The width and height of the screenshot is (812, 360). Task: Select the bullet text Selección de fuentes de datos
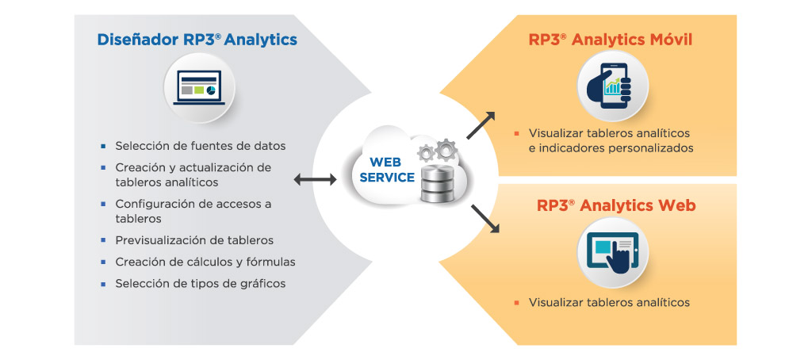[200, 146]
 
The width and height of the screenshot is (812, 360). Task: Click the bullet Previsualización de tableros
[194, 240]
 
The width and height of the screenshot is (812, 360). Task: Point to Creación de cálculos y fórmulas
[205, 262]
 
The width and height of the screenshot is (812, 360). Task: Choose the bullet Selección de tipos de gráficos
[200, 283]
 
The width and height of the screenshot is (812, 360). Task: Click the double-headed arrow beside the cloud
[315, 181]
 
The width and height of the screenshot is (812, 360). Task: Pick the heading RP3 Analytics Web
[616, 206]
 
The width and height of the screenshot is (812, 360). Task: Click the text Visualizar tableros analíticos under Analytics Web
[609, 302]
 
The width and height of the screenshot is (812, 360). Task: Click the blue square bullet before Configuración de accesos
[103, 204]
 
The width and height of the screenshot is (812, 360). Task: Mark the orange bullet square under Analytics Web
[515, 302]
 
